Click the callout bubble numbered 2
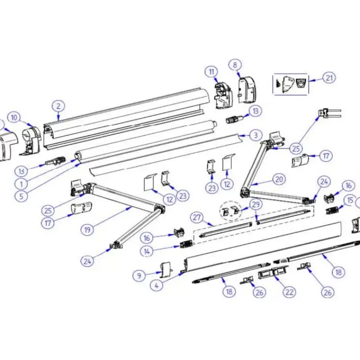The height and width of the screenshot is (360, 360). tap(58, 106)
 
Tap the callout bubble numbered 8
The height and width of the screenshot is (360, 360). tap(235, 65)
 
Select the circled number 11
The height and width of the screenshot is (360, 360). tap(211, 72)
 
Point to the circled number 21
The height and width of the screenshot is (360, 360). tap(329, 78)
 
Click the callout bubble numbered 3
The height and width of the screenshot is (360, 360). tap(256, 135)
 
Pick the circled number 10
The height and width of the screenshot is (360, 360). tap(14, 118)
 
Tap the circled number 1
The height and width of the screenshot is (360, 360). tap(21, 184)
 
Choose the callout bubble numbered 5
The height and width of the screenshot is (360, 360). tap(21, 196)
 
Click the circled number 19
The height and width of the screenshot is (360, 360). tap(87, 229)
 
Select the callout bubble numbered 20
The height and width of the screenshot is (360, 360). tap(279, 179)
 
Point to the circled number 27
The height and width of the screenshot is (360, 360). tap(197, 217)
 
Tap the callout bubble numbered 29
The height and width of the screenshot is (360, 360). tap(256, 204)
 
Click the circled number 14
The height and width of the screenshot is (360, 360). tap(147, 252)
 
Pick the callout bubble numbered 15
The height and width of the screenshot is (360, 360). tap(350, 200)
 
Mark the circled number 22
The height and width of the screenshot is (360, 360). tap(289, 292)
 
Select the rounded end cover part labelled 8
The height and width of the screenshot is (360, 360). tap(247, 90)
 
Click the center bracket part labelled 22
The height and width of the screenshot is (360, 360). tap(273, 272)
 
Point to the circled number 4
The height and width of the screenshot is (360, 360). tap(157, 286)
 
